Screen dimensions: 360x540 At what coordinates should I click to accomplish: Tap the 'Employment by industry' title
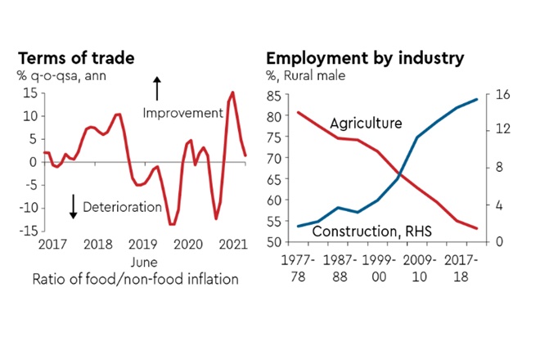pos(365,59)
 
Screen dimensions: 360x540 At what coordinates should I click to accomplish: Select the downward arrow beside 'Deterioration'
pos(73,206)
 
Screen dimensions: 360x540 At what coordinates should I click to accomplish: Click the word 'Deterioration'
pos(122,207)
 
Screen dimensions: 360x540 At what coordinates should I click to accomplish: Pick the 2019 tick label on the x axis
pos(143,244)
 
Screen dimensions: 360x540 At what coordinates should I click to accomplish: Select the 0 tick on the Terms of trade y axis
pos(32,161)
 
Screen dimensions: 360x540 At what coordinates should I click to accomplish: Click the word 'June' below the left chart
pos(144,261)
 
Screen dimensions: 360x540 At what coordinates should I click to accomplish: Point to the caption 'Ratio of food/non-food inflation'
pos(135,279)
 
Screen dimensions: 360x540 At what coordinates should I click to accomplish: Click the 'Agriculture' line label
pos(366,124)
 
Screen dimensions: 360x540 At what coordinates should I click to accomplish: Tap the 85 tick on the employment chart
pos(273,96)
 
